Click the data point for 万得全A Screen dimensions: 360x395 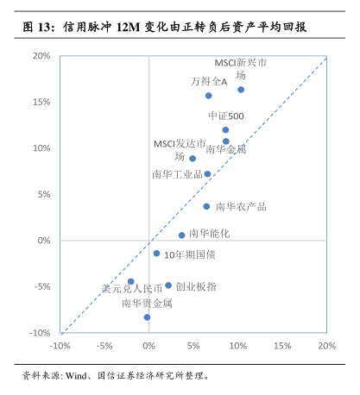(x=209, y=96)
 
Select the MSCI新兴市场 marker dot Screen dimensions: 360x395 (x=241, y=90)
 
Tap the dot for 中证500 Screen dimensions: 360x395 (x=225, y=130)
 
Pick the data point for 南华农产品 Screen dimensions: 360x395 (x=206, y=206)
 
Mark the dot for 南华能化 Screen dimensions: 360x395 (x=181, y=235)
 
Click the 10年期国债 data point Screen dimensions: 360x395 (x=156, y=254)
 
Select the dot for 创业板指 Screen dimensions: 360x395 (x=168, y=285)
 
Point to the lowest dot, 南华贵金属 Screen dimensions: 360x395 (x=147, y=317)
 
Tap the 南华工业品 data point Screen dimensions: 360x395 (x=207, y=174)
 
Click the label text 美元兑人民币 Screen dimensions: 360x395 (x=132, y=289)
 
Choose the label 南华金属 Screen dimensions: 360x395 (x=226, y=149)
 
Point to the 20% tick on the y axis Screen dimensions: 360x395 (x=41, y=56)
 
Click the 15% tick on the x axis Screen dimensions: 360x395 (x=282, y=346)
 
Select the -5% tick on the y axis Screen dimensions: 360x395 (x=42, y=286)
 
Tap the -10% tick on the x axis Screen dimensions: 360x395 (x=60, y=346)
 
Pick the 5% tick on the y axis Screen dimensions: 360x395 (x=44, y=194)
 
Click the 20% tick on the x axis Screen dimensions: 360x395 (x=327, y=346)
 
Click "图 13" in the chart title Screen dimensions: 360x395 (x=36, y=28)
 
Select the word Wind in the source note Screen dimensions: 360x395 (x=76, y=376)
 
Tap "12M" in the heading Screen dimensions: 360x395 (x=129, y=28)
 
